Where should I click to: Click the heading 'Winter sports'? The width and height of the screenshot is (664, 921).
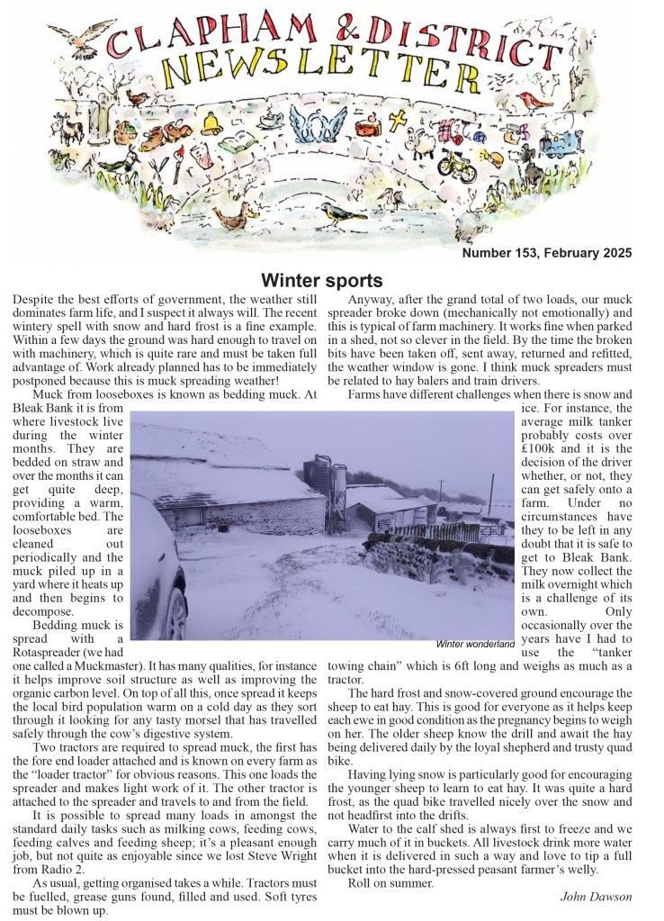(x=322, y=280)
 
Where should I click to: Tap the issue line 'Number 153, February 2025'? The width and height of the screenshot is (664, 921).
(x=547, y=254)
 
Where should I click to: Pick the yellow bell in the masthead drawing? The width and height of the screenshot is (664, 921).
(x=213, y=123)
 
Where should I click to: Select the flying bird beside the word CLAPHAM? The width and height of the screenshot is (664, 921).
(x=76, y=35)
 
